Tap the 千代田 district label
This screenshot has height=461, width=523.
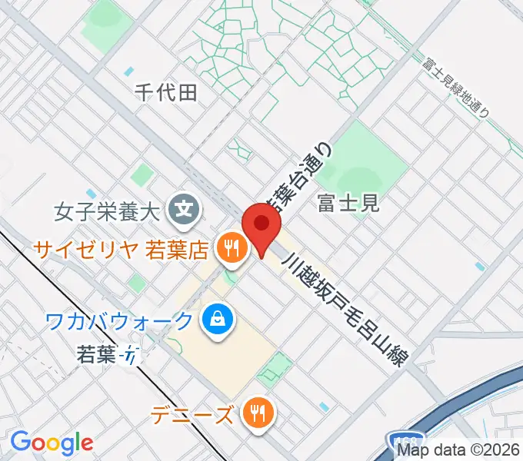166,93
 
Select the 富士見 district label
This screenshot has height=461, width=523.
348,203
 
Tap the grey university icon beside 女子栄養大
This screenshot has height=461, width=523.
185,207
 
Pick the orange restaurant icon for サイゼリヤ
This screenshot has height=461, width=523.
230,247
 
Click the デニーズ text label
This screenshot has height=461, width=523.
192,416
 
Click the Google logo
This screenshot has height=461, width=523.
52,443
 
